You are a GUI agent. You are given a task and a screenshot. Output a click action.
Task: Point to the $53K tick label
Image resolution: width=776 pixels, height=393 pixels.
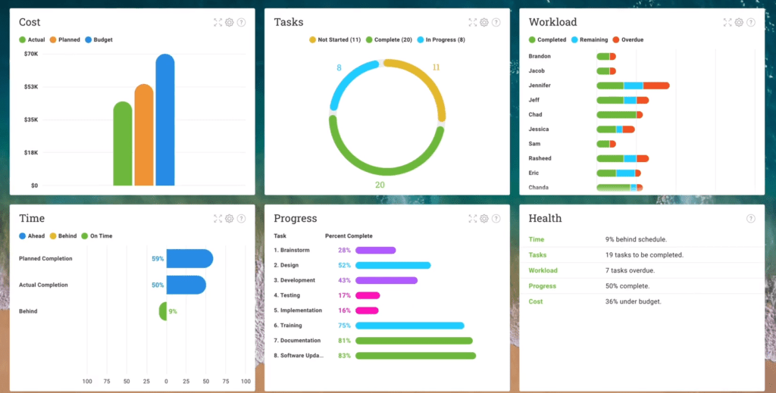pos(30,87)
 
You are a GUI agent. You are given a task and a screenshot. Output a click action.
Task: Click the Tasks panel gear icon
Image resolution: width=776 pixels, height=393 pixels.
pos(484,23)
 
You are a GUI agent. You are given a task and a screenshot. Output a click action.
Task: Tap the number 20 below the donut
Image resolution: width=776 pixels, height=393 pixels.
pos(380,185)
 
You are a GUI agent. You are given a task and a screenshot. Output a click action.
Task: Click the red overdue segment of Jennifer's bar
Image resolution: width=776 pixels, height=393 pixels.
pos(656,86)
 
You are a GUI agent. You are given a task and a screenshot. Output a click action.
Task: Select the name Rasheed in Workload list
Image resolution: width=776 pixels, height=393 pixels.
pos(540,158)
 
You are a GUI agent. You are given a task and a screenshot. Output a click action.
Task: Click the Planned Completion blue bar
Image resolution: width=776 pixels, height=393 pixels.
pos(189,259)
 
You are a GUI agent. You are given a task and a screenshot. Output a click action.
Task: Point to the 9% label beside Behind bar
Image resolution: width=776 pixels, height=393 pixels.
pos(173,311)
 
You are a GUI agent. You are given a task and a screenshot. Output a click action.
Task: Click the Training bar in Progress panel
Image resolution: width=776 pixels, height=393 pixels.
pos(409,326)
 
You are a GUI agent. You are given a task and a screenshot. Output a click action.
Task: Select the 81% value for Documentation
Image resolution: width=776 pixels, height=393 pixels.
pos(344,341)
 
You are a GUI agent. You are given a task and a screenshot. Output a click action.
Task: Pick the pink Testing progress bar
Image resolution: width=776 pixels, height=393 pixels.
pos(368,295)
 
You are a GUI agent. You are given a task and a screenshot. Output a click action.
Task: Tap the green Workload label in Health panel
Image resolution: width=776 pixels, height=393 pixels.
pos(543,270)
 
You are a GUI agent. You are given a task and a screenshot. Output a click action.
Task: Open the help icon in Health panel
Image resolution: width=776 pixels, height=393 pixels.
pos(751,219)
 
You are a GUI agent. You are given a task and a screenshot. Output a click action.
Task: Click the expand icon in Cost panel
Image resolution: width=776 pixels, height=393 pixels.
pos(218,23)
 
